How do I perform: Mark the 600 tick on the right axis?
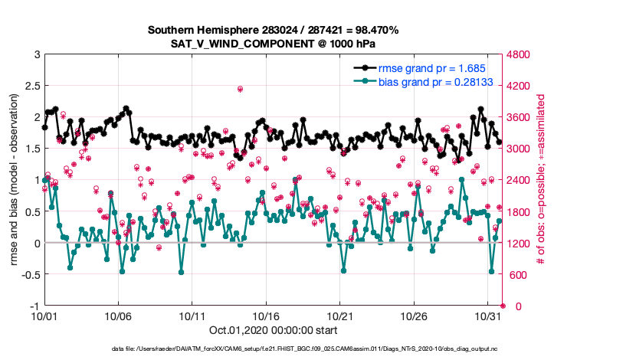tap(516, 274)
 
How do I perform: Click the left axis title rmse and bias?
tap(15, 180)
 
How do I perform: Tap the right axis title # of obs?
tap(543, 180)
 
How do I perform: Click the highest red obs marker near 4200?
tap(240, 89)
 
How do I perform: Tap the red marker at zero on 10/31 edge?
tap(503, 306)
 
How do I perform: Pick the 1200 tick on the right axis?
tap(518, 243)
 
